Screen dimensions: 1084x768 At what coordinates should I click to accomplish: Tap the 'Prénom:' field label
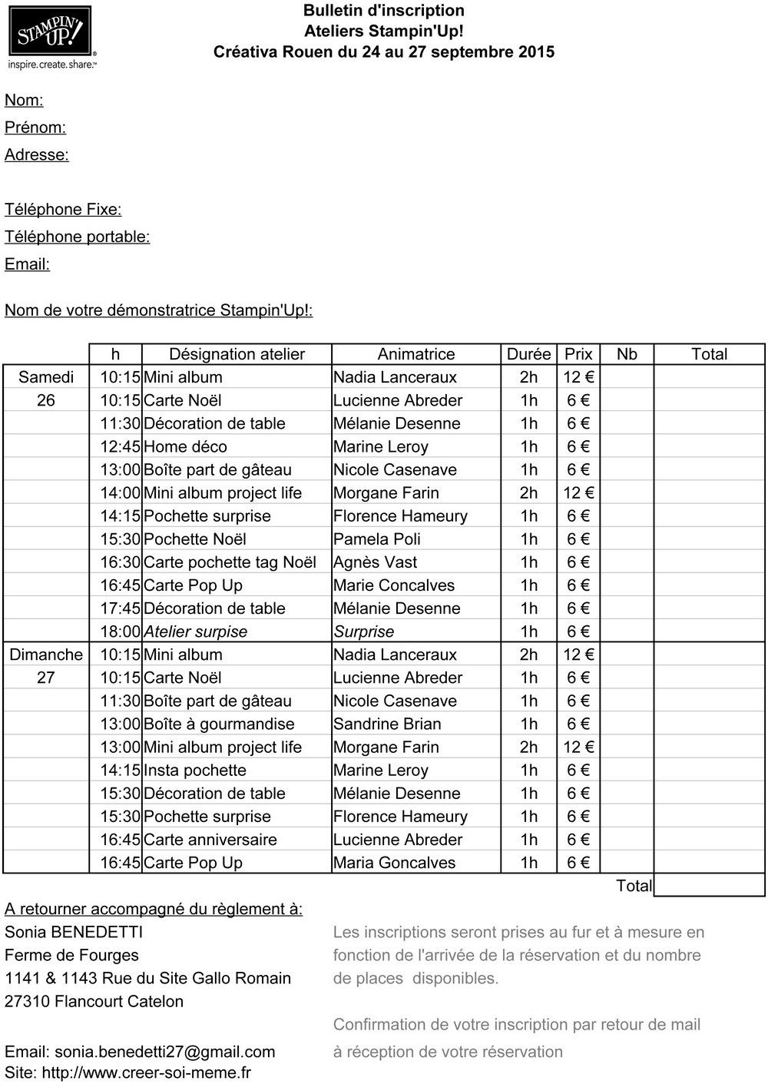point(35,128)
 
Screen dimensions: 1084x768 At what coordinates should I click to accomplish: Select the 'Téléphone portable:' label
point(77,237)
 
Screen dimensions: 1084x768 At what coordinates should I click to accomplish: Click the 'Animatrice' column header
point(415,354)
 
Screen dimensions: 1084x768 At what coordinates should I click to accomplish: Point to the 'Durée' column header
point(528,354)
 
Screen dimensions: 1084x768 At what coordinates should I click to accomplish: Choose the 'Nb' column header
point(627,354)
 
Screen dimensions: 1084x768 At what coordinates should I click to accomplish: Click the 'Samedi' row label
point(46,377)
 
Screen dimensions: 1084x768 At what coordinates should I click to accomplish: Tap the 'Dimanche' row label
point(46,655)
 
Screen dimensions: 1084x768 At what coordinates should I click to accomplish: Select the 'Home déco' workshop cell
point(185,446)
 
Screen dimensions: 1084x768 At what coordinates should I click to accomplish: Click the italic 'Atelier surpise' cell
point(195,632)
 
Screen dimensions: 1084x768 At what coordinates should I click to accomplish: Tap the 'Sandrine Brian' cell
point(386,724)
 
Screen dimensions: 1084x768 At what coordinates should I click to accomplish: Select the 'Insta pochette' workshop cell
point(194,770)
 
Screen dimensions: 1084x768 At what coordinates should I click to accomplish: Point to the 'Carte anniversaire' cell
point(210,839)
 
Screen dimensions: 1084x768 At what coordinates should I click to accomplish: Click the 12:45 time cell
point(121,446)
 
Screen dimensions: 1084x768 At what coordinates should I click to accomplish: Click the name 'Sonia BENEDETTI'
point(74,932)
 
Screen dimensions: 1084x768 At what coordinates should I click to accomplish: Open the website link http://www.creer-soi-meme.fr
point(146,1072)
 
